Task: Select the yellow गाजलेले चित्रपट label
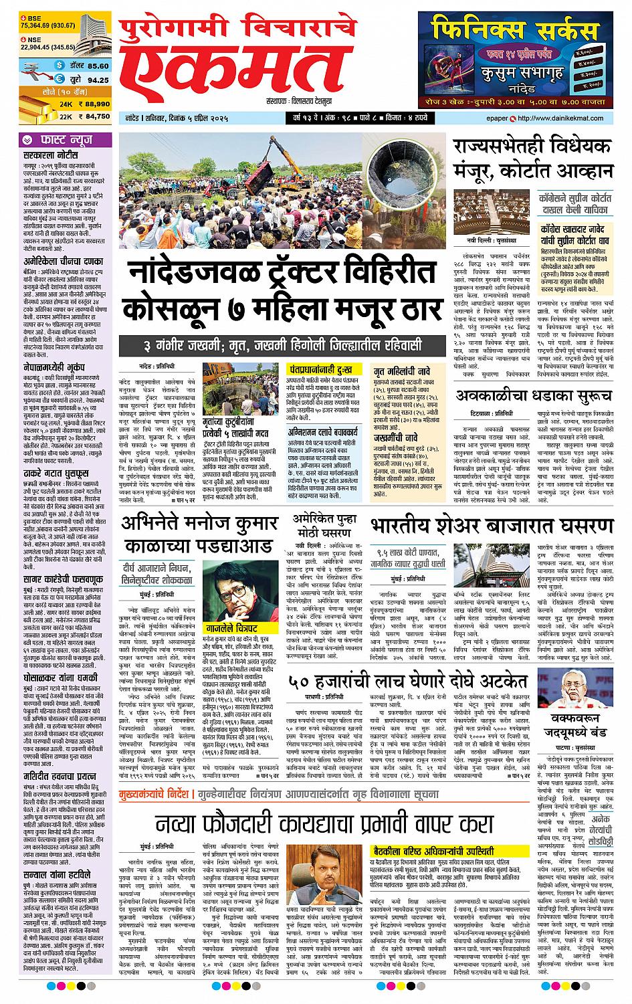231,629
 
